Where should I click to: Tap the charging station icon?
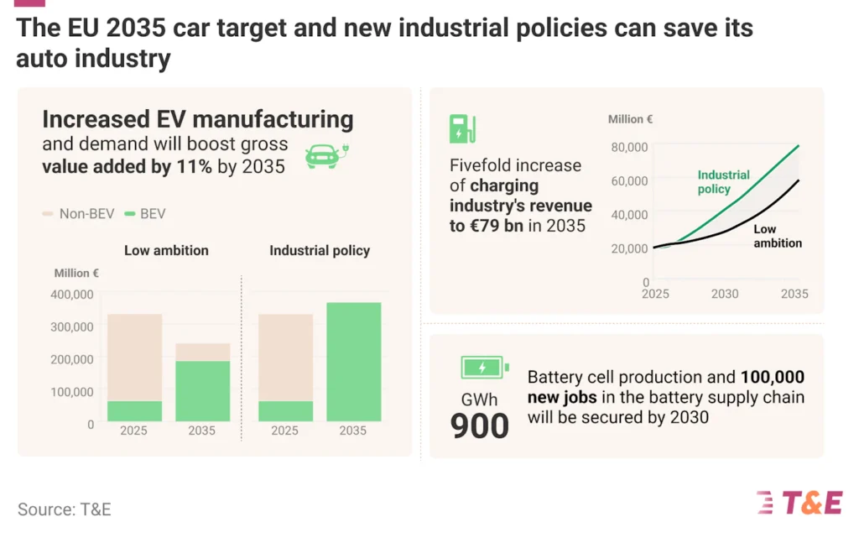[x=462, y=128]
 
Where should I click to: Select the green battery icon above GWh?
[x=484, y=368]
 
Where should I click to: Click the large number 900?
[x=480, y=426]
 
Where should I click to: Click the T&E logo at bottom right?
[x=799, y=502]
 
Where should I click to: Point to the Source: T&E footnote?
[x=64, y=509]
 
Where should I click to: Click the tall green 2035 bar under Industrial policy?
[x=353, y=362]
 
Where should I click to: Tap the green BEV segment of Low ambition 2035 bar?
[x=202, y=391]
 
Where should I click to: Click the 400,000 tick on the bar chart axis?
[x=73, y=295]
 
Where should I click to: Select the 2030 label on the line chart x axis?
[x=725, y=294]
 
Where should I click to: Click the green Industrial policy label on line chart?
[x=723, y=182]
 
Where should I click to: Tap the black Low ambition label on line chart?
[x=777, y=236]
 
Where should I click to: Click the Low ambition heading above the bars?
[x=166, y=250]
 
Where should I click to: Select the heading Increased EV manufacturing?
[x=197, y=119]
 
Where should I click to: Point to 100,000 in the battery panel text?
[x=772, y=377]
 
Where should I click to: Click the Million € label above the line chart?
[x=630, y=119]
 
